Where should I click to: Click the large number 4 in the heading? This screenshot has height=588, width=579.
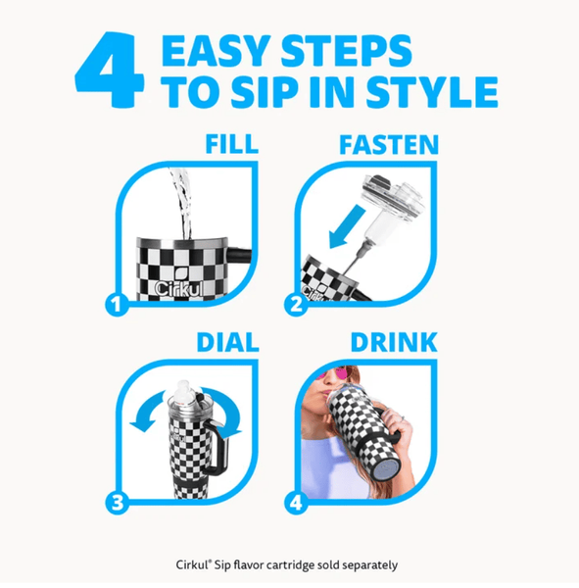coord(110,70)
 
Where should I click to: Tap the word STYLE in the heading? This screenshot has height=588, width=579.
coord(432,92)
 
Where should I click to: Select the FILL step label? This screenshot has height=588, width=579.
coord(232,144)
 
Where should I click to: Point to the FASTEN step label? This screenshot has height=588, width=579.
coord(389,144)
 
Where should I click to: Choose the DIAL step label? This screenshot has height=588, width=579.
coord(228,342)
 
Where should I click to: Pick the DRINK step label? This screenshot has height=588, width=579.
coord(394,342)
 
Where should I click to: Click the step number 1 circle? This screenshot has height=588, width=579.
coord(117,304)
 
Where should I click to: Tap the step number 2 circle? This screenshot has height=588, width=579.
coord(296,304)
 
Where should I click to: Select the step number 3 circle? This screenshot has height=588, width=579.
coord(117,502)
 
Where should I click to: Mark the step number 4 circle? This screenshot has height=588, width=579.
coord(296,502)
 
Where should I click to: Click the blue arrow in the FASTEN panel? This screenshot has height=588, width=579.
coord(347,226)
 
